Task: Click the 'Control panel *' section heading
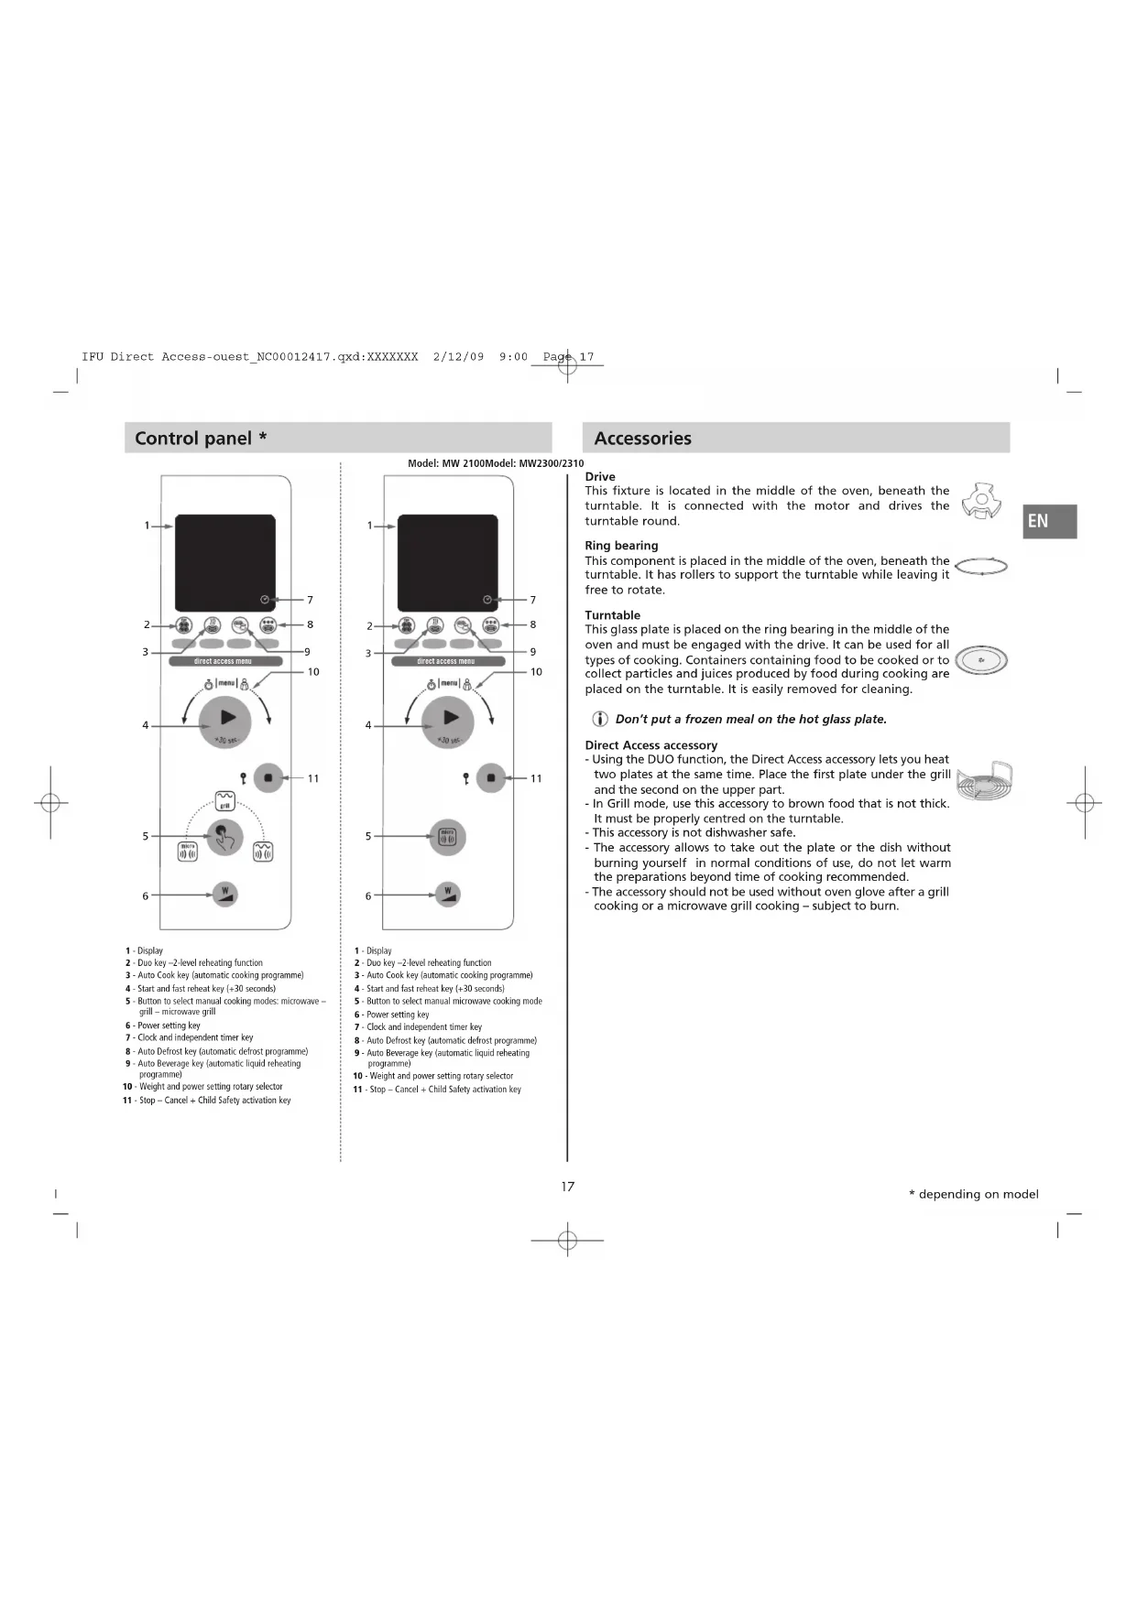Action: (201, 439)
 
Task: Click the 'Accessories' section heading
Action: (642, 439)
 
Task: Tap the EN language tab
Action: (1048, 521)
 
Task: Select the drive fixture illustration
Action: (981, 501)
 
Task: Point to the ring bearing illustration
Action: (980, 567)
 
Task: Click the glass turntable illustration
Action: (980, 659)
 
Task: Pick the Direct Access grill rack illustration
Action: (983, 780)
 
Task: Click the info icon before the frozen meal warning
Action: (600, 719)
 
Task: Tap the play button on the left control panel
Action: (225, 720)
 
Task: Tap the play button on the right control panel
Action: (448, 720)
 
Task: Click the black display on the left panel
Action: (225, 562)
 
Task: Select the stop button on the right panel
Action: (491, 778)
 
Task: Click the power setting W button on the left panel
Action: (224, 895)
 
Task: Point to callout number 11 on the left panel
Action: (313, 778)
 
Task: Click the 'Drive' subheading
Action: (600, 477)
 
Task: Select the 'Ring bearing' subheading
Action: (621, 546)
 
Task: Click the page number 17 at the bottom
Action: (568, 1187)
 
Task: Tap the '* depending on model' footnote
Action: (973, 1194)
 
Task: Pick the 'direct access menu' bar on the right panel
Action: (447, 661)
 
